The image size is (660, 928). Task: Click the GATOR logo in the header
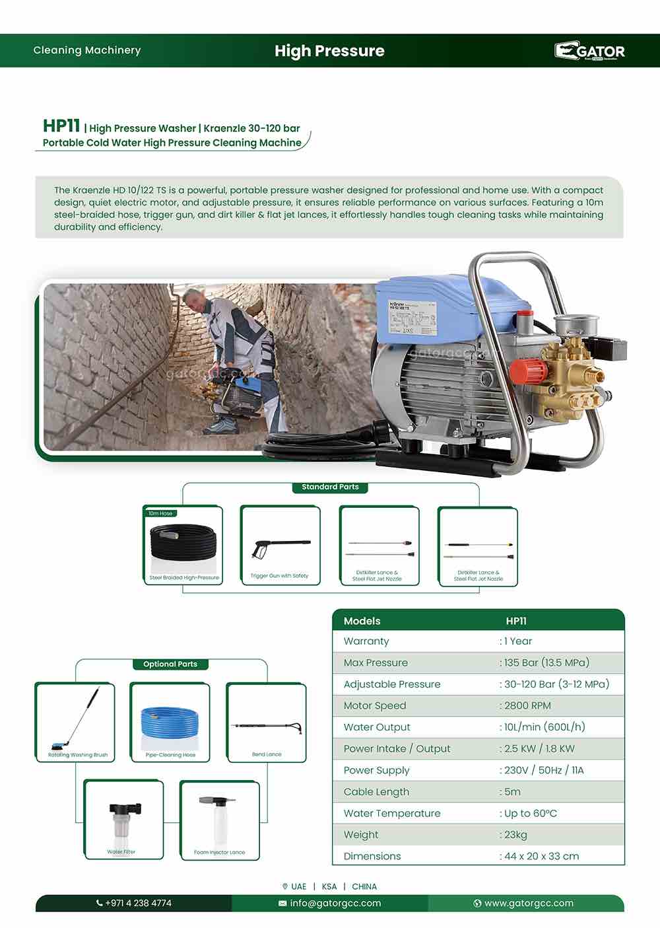(x=589, y=51)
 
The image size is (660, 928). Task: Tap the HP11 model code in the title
(x=61, y=125)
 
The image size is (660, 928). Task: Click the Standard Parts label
(x=330, y=487)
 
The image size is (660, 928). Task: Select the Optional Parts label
(x=170, y=664)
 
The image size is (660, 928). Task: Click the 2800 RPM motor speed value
(x=527, y=705)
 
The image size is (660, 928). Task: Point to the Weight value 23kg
(x=515, y=834)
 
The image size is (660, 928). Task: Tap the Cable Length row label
(x=376, y=791)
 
